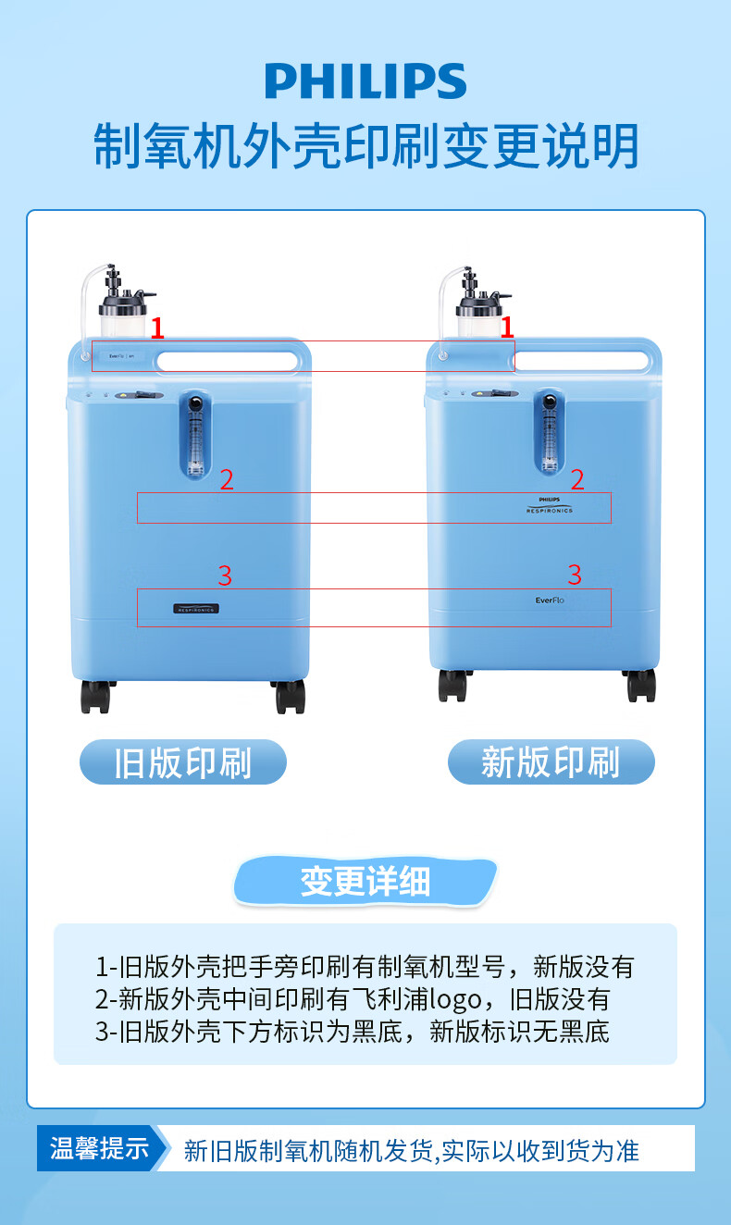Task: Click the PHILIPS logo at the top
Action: [x=365, y=81]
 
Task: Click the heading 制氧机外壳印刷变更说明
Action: [x=365, y=146]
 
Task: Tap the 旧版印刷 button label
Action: [x=183, y=763]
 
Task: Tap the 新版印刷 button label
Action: [x=551, y=763]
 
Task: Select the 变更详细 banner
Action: [x=365, y=881]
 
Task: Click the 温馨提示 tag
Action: [x=99, y=1149]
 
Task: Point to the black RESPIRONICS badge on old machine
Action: [x=196, y=609]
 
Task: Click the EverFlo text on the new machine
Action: [x=550, y=600]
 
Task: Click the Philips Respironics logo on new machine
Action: [x=550, y=503]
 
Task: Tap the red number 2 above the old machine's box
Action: [x=227, y=479]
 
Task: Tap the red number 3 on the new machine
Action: [x=575, y=575]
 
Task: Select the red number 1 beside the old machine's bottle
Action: [x=157, y=327]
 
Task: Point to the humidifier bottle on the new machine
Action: [x=477, y=315]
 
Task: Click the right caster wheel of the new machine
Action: [x=640, y=685]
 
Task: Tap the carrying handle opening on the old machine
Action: [x=227, y=359]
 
